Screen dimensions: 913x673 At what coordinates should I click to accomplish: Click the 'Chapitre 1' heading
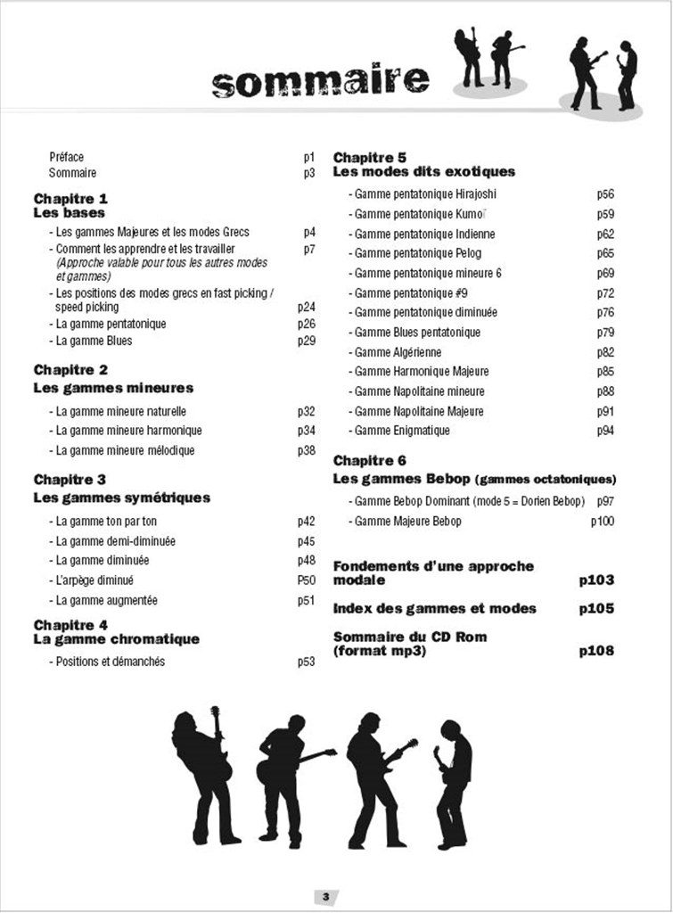(70, 198)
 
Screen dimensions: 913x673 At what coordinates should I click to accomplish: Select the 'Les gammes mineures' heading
(113, 388)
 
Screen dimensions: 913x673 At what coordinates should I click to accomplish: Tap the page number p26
(307, 324)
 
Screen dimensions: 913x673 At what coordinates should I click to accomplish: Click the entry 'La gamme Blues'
(94, 341)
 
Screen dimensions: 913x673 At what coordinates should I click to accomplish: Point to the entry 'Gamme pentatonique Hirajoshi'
(425, 194)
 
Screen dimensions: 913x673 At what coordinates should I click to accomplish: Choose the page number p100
(602, 521)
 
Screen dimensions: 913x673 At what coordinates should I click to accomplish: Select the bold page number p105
(596, 609)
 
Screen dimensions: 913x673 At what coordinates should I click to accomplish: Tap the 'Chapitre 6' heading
(370, 460)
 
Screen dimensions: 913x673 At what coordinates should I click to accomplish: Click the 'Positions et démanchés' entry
(110, 662)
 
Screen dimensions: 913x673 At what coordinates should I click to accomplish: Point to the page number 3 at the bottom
(326, 895)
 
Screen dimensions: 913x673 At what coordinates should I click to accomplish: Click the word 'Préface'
(66, 157)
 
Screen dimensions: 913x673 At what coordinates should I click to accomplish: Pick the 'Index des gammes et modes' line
(435, 609)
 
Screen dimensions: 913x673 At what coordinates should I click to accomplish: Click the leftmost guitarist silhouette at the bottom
(204, 776)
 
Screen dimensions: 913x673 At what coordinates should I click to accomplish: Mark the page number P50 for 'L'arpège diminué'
(307, 580)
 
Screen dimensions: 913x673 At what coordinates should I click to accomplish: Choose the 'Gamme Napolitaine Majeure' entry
(419, 411)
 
